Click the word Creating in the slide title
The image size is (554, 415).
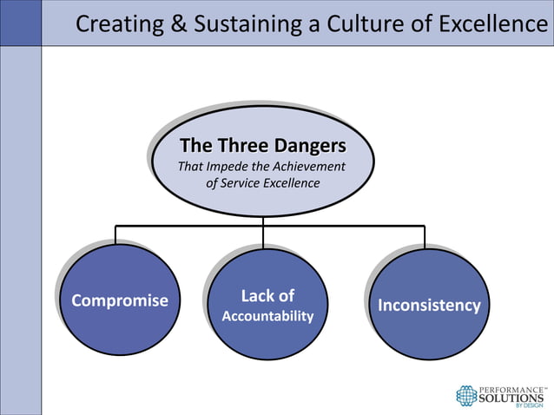pyautogui.click(x=114, y=23)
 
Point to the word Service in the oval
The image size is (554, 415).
pyautogui.click(x=251, y=183)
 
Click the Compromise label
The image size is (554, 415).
pyautogui.click(x=120, y=301)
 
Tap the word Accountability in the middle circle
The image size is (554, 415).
pyautogui.click(x=267, y=316)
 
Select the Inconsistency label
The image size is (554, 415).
pyautogui.click(x=428, y=306)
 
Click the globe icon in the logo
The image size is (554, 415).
pyautogui.click(x=467, y=395)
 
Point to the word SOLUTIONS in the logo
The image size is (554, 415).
pyautogui.click(x=513, y=397)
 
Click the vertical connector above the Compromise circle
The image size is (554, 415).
pyautogui.click(x=115, y=234)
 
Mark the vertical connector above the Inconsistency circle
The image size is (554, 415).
pyautogui.click(x=425, y=235)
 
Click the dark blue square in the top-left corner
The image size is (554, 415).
pyautogui.click(x=20, y=23)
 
